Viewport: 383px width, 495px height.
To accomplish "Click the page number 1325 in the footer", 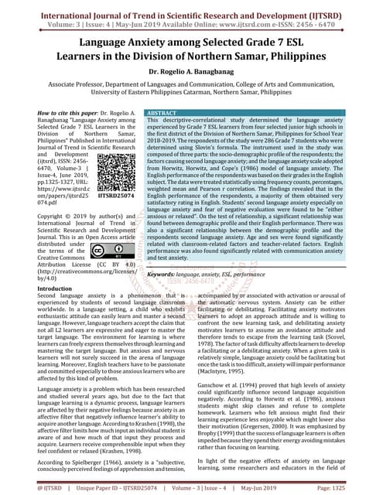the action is pos(366,487).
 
